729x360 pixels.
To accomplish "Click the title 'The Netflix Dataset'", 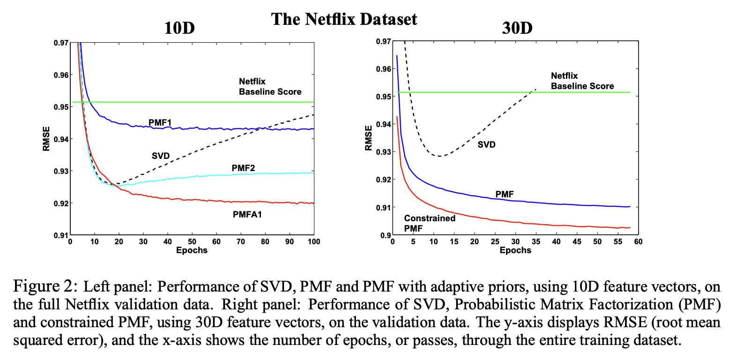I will click(x=344, y=19).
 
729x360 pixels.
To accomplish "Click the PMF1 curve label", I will click(x=160, y=122).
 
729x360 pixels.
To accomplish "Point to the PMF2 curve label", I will click(x=243, y=168).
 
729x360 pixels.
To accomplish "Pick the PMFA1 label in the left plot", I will click(x=247, y=215).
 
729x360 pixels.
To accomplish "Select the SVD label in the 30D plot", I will click(x=486, y=145).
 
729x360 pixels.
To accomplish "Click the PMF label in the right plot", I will click(x=505, y=194).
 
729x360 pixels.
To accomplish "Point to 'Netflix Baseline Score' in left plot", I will click(x=270, y=87).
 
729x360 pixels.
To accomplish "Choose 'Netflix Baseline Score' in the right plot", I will click(x=582, y=81).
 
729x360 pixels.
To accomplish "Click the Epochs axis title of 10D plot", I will click(x=192, y=250).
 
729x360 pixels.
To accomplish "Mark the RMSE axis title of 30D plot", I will click(x=369, y=138).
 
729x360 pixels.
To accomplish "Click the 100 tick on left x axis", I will click(x=314, y=242).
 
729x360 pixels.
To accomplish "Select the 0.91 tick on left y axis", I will click(x=60, y=235).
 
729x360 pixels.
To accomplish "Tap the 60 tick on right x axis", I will click(x=638, y=242).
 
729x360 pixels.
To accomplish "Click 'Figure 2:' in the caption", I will click(x=42, y=285).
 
